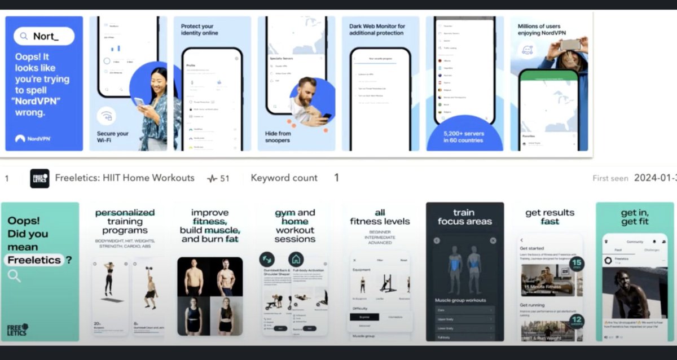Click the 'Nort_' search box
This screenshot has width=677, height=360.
point(44,36)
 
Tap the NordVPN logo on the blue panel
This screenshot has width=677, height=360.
point(33,138)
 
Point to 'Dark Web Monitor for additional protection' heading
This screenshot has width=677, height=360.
point(377,30)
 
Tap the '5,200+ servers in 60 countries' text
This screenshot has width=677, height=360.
point(464,137)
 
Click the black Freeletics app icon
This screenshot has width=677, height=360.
point(39,178)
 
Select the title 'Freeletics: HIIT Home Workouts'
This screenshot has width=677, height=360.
point(125,178)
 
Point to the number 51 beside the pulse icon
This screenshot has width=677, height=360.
point(225,179)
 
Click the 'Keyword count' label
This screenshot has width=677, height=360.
point(284,178)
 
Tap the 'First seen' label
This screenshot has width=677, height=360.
point(610,178)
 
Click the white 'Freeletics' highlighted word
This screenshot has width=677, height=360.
point(34,260)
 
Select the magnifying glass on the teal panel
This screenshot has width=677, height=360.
point(14,276)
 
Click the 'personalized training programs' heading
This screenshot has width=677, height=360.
point(125,221)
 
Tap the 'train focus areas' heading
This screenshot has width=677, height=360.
point(464,217)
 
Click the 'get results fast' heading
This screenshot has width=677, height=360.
point(549,217)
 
